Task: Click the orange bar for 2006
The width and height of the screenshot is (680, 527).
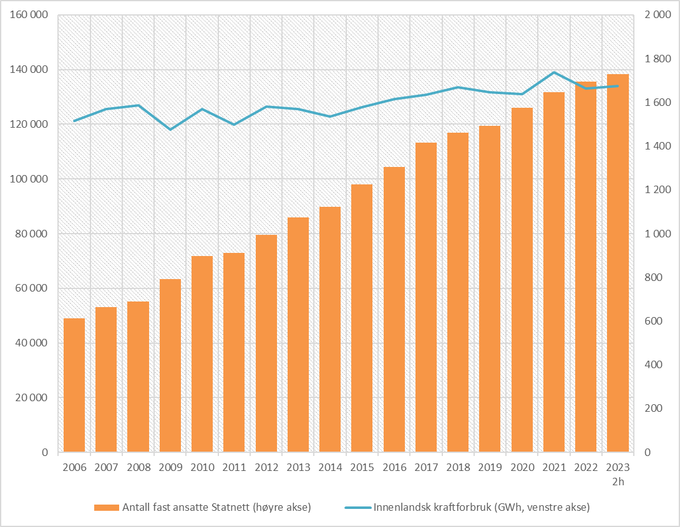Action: pos(74,385)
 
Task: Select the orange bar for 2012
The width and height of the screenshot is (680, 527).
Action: pos(266,343)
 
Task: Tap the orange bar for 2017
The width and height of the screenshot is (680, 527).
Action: pos(426,297)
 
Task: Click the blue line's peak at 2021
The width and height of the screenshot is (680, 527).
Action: pos(554,72)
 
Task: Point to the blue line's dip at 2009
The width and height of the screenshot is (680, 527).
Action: pos(170,130)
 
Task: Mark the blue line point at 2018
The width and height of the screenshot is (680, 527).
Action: pos(458,87)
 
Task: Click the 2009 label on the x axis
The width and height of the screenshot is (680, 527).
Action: pos(170,468)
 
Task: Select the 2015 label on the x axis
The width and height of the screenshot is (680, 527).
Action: pos(362,468)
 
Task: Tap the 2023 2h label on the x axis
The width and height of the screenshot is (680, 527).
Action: pos(618,473)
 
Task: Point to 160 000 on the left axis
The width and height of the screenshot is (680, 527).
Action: pos(29,16)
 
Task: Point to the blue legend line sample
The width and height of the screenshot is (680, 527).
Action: pos(357,508)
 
